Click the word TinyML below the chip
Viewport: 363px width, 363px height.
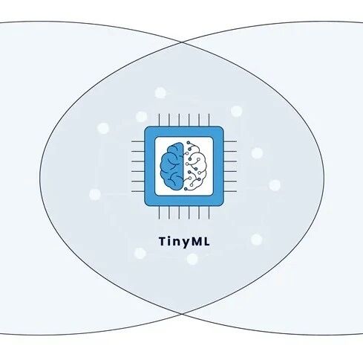coord(184,242)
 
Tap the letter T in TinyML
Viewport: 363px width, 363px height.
coord(163,241)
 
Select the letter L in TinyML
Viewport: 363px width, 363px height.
coord(206,241)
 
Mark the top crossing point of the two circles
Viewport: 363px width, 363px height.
coord(182,42)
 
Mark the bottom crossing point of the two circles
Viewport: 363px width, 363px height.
coord(182,314)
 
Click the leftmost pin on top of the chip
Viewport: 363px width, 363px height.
coord(159,120)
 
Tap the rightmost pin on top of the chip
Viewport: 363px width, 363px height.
coord(209,120)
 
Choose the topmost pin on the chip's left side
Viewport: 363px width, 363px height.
coord(138,141)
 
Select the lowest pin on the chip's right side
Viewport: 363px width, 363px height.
coord(230,191)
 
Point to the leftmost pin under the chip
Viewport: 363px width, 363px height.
coord(159,213)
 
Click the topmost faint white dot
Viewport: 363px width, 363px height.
coord(160,93)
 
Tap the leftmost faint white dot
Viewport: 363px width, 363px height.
coord(95,194)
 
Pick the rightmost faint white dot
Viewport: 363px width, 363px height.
coord(275,185)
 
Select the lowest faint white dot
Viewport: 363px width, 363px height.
coord(192,259)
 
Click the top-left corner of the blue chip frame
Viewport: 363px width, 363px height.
coord(145,127)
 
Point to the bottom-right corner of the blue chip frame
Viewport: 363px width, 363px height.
coord(223,205)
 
